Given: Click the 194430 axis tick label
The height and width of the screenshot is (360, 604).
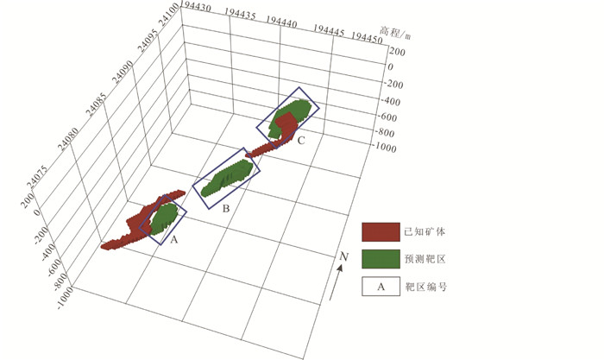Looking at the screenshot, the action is point(195,7).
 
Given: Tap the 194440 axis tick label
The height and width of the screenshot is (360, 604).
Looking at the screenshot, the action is point(281,22).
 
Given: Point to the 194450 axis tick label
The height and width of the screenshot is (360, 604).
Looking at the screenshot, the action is point(367,38).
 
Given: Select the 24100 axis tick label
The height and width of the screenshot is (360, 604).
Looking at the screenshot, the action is point(169,15).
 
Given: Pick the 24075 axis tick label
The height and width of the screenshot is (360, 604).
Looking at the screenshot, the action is point(37,177).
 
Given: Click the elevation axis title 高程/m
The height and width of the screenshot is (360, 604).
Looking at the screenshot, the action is point(395,33).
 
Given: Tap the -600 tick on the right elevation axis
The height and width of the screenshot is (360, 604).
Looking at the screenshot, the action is point(387,117).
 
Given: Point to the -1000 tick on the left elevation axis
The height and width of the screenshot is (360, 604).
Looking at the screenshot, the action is point(65,297).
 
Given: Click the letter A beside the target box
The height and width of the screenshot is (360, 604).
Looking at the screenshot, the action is point(174,240).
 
